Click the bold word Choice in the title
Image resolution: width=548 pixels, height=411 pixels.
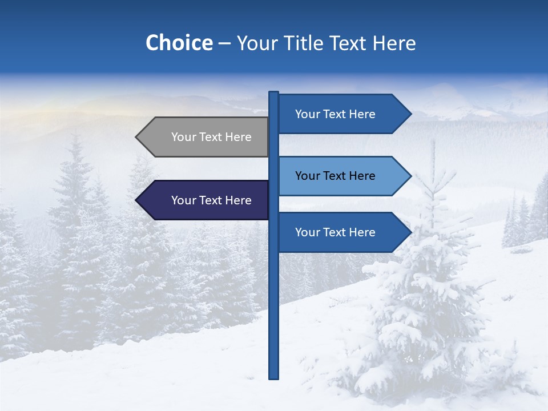tap(179, 43)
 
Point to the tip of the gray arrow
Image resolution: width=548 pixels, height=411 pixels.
tap(137, 137)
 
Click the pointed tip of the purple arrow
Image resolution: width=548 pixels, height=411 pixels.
tap(137, 200)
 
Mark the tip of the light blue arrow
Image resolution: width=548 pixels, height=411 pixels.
tap(410, 176)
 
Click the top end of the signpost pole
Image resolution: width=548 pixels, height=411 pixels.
tap(273, 93)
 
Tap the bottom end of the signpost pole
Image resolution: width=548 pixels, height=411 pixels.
tap(273, 377)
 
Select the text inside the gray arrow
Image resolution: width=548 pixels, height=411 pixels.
tap(211, 137)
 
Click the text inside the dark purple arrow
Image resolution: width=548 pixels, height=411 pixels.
tap(211, 200)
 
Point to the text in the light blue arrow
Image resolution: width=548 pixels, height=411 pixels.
tap(335, 176)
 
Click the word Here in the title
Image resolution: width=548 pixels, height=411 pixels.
tap(394, 43)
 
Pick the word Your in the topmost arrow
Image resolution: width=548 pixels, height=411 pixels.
tap(307, 114)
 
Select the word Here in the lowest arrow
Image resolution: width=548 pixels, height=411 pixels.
tap(363, 232)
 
